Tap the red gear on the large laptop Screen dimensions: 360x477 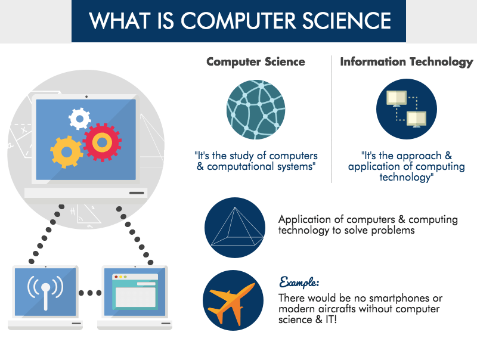pos(102,142)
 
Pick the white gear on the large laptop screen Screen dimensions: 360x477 pos(79,118)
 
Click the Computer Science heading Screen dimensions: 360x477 pos(255,62)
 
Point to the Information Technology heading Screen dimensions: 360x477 pos(406,62)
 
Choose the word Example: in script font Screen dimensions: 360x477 pos(301,281)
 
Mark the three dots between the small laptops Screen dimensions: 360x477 pos(90,293)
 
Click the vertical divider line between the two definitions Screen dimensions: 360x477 pos(332,119)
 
